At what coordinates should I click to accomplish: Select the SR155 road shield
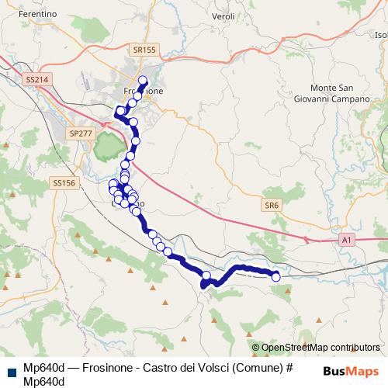coord(144,49)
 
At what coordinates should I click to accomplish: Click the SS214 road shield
coord(36,79)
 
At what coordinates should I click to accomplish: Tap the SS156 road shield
coord(64,183)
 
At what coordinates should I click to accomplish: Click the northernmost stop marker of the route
coord(143,81)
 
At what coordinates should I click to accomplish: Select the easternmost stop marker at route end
coord(275,277)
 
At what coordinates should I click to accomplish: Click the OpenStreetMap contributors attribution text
coord(315,348)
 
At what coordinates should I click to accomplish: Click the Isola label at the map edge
coord(381,35)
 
